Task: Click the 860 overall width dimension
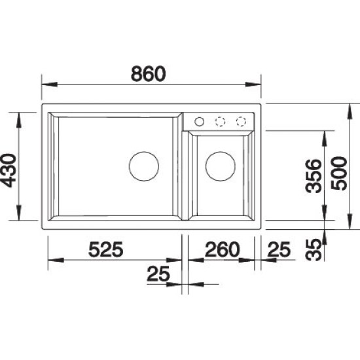(148, 74)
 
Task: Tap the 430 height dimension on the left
(9, 171)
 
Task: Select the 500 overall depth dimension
(339, 173)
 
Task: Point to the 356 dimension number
(314, 176)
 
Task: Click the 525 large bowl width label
(106, 249)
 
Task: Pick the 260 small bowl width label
(223, 249)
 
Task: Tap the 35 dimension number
(313, 250)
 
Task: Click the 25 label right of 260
(279, 249)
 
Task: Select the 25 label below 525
(158, 274)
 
